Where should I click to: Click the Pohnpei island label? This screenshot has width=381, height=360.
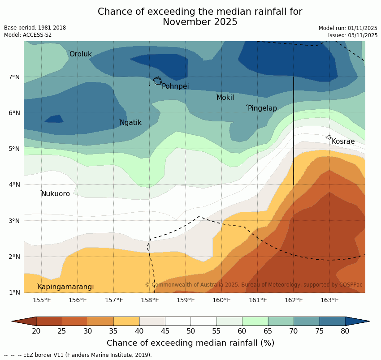click(175, 86)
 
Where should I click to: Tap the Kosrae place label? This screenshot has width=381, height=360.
click(343, 141)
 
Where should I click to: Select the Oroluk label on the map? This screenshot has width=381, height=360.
click(80, 54)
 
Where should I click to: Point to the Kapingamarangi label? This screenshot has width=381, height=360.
click(65, 287)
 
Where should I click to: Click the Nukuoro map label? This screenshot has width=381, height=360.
click(56, 194)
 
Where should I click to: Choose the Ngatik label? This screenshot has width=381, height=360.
click(130, 123)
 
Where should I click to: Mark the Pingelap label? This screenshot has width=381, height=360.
click(262, 108)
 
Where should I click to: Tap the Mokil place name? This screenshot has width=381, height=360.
click(225, 98)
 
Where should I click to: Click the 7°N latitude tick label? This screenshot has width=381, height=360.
click(14, 77)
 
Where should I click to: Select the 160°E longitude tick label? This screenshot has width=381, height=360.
click(221, 300)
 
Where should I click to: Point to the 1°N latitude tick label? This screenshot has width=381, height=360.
click(14, 293)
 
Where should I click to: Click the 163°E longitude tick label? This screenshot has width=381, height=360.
click(329, 300)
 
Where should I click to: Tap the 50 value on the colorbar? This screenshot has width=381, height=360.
click(191, 331)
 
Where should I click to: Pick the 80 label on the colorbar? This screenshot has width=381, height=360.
click(345, 331)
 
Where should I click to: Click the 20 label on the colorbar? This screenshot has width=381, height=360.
click(36, 331)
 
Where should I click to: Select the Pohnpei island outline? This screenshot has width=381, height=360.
click(157, 81)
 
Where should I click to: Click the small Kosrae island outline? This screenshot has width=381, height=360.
click(328, 137)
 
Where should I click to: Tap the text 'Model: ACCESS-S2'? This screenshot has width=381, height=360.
click(28, 35)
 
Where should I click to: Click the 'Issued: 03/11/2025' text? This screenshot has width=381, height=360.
click(353, 35)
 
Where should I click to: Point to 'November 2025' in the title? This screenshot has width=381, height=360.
click(200, 22)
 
